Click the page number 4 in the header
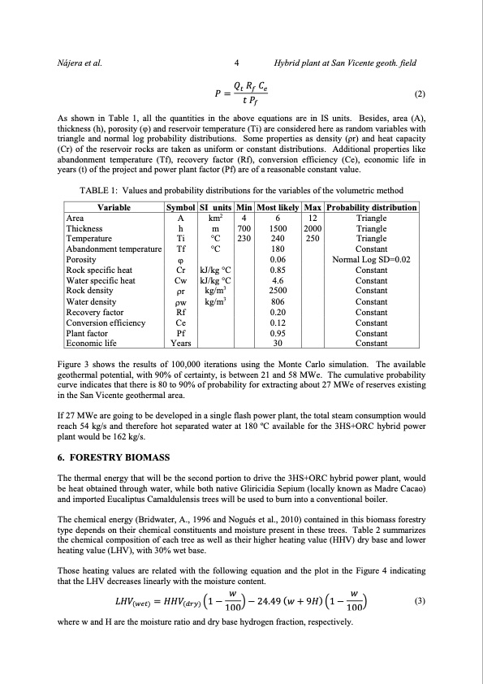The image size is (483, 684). click(235, 61)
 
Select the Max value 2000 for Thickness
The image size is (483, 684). click(312, 228)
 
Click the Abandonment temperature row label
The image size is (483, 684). click(113, 249)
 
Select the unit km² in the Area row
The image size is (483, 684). click(216, 218)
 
